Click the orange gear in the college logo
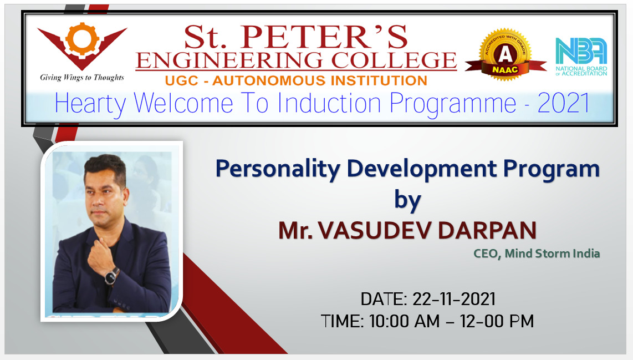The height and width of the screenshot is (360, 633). [83, 39]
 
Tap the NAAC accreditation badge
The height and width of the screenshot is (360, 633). [505, 54]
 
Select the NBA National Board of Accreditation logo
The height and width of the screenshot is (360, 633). [581, 57]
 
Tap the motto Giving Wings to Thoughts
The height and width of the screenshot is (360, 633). [82, 77]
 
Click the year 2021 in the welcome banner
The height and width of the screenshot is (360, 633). [564, 103]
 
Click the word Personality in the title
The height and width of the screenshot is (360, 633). [278, 169]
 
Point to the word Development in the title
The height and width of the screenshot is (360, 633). [422, 169]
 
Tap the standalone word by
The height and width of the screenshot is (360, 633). [407, 200]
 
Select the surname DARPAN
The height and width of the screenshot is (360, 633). [487, 230]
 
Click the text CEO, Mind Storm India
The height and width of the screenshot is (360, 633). [537, 253]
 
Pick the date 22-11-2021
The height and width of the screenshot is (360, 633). [454, 300]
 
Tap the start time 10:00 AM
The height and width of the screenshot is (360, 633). [404, 322]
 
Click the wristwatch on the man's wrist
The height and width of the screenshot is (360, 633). [111, 276]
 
